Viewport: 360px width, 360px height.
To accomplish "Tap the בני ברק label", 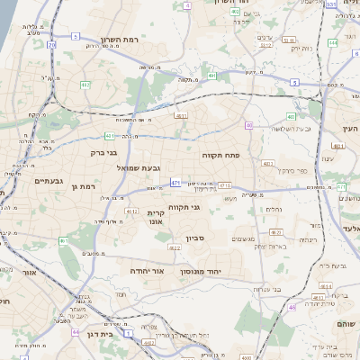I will click(104, 152).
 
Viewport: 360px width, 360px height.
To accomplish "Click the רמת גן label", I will click(82, 185).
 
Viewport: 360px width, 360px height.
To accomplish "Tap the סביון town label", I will click(196, 238).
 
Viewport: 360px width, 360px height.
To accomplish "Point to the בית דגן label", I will click(108, 333).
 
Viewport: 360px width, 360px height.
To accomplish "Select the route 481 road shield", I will click(109, 136).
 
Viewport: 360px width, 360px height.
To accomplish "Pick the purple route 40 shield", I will click(249, 125).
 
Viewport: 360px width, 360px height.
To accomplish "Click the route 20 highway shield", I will click(52, 44).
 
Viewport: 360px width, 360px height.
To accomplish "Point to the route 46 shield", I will click(292, 307).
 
